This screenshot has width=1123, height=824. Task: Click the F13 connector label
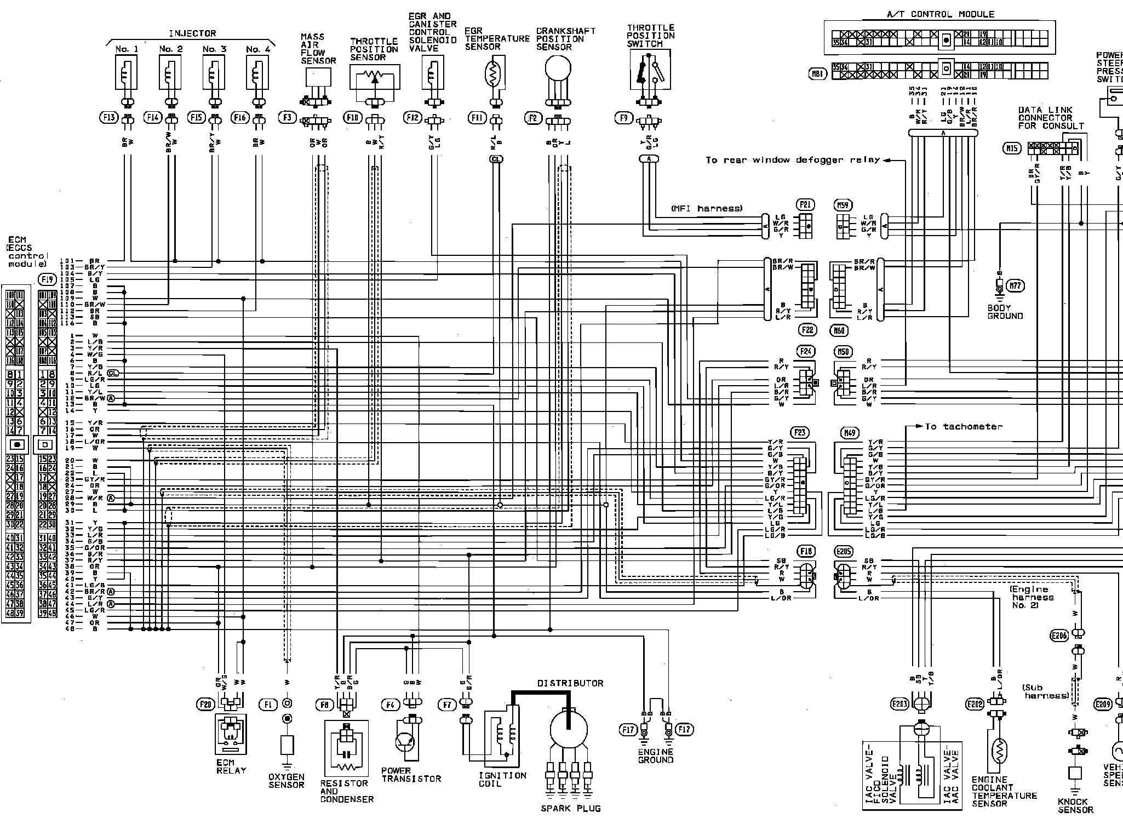(109, 117)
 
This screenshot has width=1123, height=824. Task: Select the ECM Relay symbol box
(231, 734)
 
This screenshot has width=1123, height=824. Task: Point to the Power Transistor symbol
(406, 740)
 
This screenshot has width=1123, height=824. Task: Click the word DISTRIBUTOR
(570, 683)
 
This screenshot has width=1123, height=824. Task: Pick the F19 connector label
(47, 279)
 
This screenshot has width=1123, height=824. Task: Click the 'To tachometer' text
(963, 426)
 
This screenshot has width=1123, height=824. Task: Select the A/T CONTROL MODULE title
(940, 14)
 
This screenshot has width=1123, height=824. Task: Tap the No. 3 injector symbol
(214, 73)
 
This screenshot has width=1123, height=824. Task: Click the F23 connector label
(800, 432)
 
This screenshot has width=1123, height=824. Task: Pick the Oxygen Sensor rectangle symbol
(287, 745)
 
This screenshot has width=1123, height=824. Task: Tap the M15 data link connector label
(1011, 147)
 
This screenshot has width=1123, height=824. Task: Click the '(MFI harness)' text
(706, 208)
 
